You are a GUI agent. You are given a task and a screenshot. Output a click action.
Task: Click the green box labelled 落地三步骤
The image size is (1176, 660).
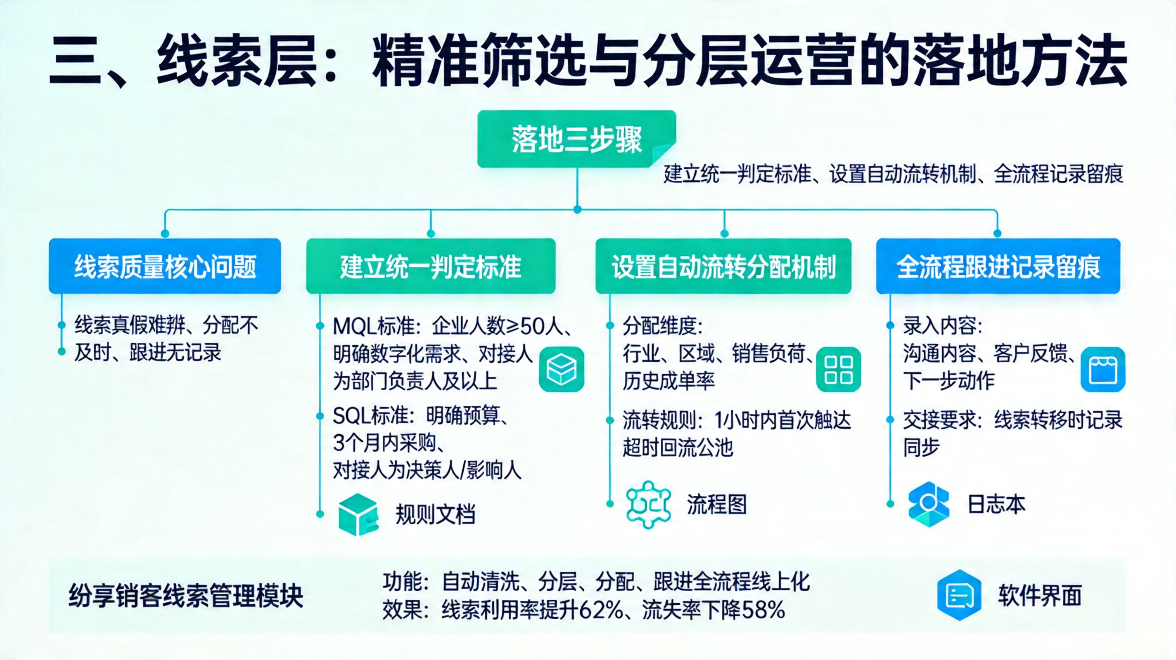pyautogui.click(x=576, y=139)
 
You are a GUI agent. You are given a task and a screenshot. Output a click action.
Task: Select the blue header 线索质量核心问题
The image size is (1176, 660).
pyautogui.click(x=165, y=266)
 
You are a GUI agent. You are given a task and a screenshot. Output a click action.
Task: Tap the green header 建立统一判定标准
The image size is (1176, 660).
pyautogui.click(x=431, y=266)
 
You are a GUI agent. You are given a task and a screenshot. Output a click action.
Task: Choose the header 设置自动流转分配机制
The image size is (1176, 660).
pyautogui.click(x=723, y=266)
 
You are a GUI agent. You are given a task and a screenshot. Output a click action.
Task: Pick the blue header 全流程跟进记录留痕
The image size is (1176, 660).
pyautogui.click(x=998, y=266)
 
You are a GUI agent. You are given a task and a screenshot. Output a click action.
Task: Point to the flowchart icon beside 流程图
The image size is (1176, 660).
pyautogui.click(x=649, y=504)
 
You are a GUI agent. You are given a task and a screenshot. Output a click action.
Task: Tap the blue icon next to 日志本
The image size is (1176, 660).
pyautogui.click(x=929, y=504)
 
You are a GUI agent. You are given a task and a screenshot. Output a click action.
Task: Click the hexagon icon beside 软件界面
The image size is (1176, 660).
pyautogui.click(x=959, y=595)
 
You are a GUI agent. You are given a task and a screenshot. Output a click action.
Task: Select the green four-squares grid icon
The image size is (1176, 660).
pyautogui.click(x=838, y=370)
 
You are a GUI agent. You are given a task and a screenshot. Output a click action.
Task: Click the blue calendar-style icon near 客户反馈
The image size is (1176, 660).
pyautogui.click(x=1102, y=370)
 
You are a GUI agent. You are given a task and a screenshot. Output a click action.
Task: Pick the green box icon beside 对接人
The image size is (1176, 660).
pyautogui.click(x=561, y=370)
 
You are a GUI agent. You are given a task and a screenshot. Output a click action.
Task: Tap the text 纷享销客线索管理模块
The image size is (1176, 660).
pyautogui.click(x=186, y=596)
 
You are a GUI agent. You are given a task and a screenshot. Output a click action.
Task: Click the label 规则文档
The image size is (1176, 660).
pyautogui.click(x=435, y=514)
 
